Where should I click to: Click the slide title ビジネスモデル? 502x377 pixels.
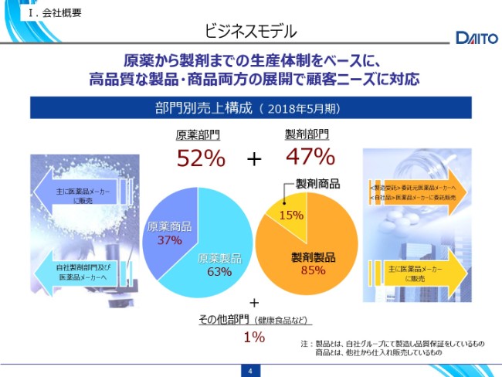(250, 32)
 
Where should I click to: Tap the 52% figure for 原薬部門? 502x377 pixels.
(201, 158)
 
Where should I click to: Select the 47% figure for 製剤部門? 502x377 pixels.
(310, 157)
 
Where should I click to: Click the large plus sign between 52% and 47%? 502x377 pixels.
(254, 159)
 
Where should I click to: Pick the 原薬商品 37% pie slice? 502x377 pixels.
(168, 232)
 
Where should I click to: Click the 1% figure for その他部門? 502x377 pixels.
(254, 337)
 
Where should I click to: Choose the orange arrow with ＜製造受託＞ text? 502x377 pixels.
(417, 192)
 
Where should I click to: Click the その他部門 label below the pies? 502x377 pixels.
(223, 319)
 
